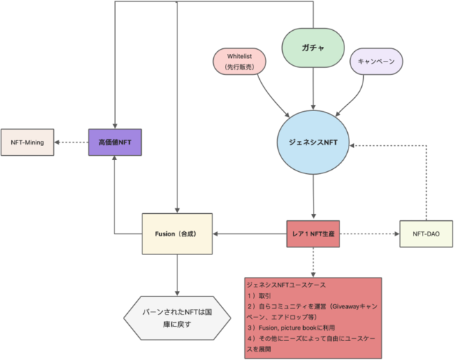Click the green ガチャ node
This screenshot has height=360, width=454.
(x=312, y=47)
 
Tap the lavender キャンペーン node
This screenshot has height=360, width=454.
(x=376, y=62)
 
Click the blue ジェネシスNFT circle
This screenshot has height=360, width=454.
(x=313, y=141)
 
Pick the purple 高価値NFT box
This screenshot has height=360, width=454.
(x=115, y=142)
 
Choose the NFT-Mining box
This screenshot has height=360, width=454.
(x=27, y=142)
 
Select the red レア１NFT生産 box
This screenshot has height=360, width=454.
(x=313, y=233)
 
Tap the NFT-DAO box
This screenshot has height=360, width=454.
(x=425, y=233)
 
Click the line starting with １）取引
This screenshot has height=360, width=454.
(x=262, y=296)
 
